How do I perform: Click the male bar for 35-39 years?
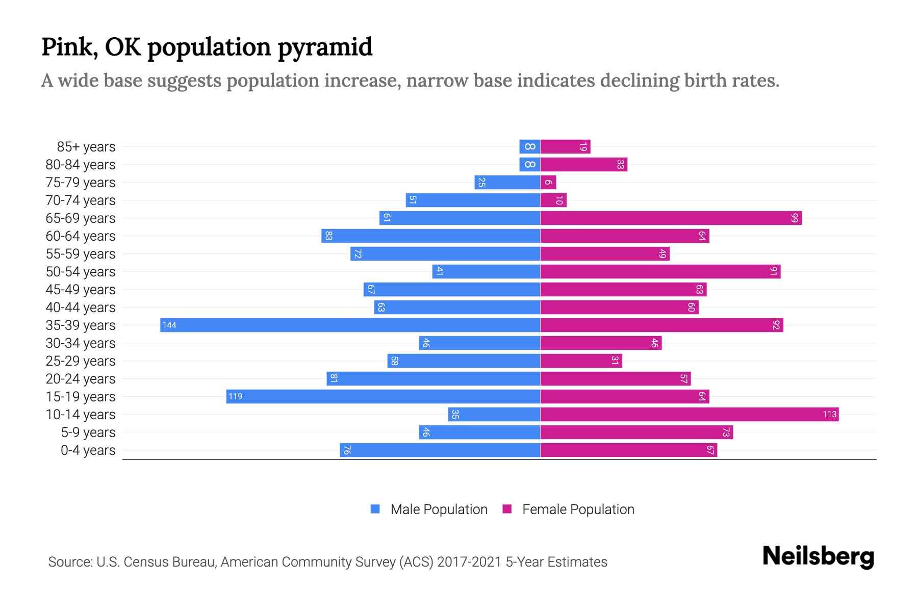[x=350, y=325]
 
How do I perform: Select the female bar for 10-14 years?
[x=690, y=415]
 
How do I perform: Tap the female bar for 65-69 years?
[x=671, y=218]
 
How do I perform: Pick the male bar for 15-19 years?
[x=383, y=397]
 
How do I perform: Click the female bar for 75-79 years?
[x=548, y=183]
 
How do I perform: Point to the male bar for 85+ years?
[x=530, y=147]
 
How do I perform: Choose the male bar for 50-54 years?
[x=486, y=272]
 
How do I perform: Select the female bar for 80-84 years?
[x=584, y=165]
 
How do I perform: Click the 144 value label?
[x=169, y=325]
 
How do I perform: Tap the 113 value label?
[x=830, y=415]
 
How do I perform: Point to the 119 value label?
[x=235, y=397]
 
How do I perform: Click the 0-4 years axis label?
[x=88, y=450]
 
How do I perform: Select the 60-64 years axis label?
[x=81, y=236]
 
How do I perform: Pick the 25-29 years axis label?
[x=81, y=361]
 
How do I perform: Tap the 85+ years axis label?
[x=86, y=147]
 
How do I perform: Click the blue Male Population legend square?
[x=375, y=509]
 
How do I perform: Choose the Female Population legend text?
[x=578, y=509]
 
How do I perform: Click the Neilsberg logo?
[x=819, y=557]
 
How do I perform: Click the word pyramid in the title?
[x=325, y=47]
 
